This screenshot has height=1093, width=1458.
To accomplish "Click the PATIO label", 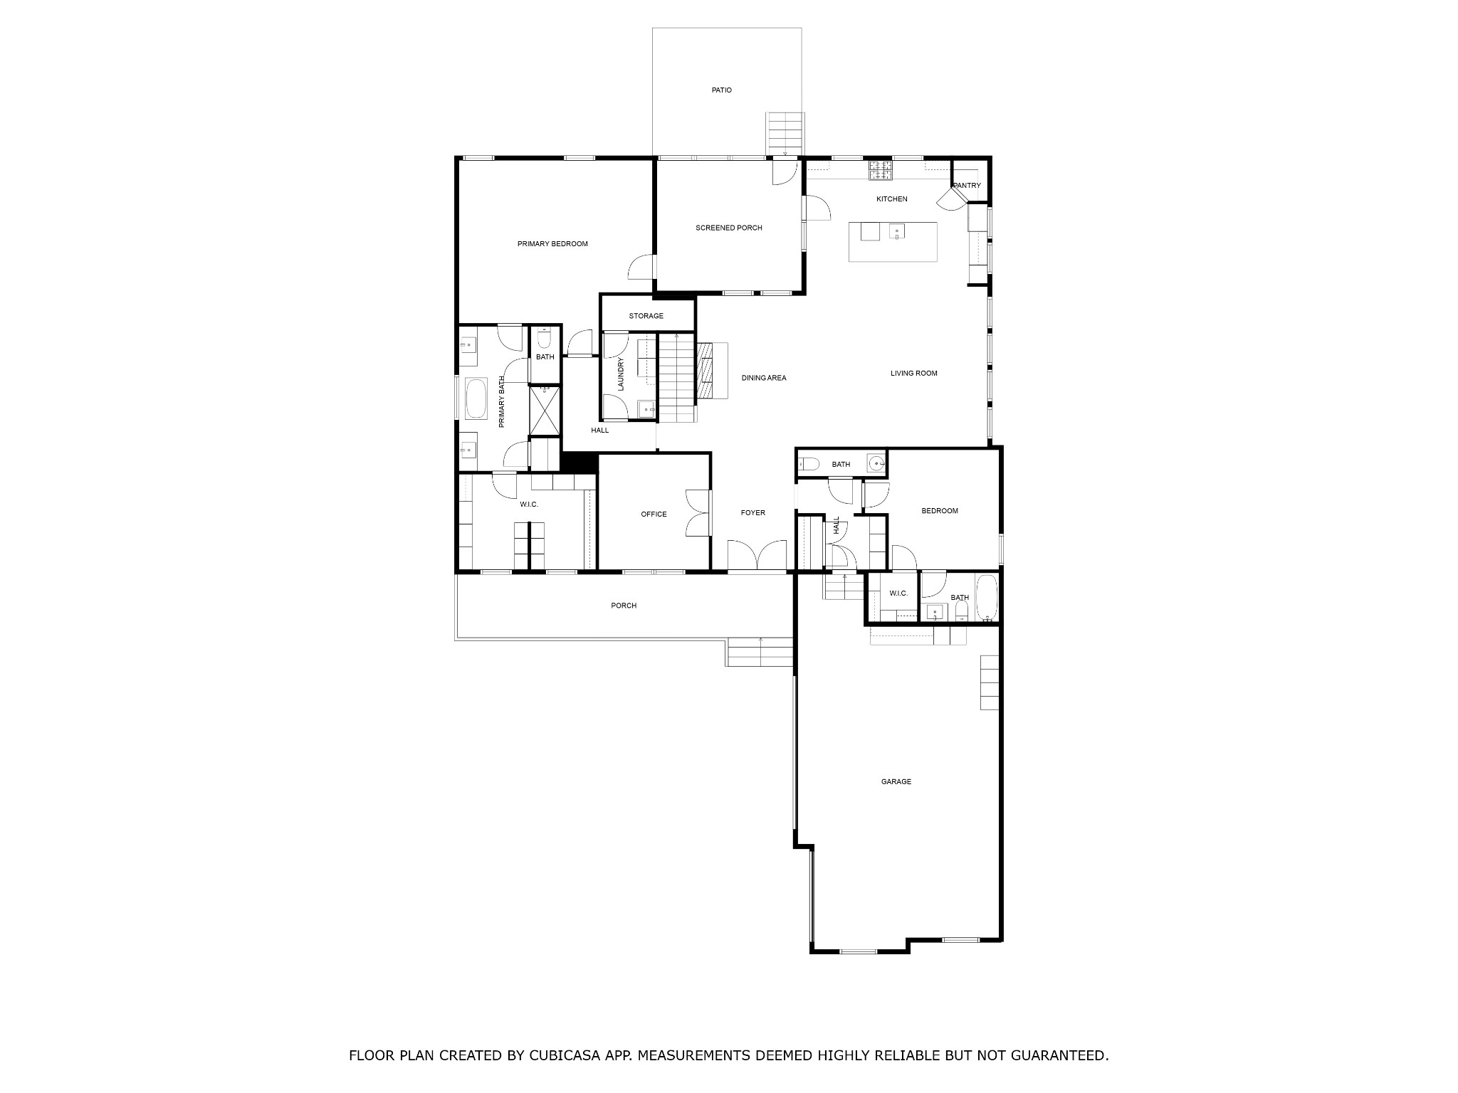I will click(721, 90).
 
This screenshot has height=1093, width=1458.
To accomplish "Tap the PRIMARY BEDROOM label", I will click(552, 244).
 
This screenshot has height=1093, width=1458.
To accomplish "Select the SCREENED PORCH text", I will click(728, 228).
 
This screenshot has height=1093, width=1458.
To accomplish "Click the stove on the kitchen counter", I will click(881, 171).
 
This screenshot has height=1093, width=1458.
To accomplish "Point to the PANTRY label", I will click(967, 186).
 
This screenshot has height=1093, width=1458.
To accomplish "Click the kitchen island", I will click(893, 242).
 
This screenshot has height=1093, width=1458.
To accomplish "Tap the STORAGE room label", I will click(646, 316).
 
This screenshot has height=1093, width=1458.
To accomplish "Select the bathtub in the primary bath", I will click(476, 398).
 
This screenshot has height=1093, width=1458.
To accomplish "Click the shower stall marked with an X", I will click(545, 411).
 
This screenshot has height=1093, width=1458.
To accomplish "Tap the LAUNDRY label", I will click(621, 374).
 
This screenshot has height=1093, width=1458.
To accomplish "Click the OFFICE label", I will click(654, 514).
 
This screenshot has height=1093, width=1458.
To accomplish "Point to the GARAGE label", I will click(896, 781).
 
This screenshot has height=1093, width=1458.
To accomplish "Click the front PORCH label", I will click(624, 606).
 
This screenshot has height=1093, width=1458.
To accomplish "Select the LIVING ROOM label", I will click(913, 373).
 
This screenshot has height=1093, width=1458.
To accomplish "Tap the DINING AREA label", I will click(763, 378).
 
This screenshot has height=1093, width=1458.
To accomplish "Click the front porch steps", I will click(760, 652).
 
